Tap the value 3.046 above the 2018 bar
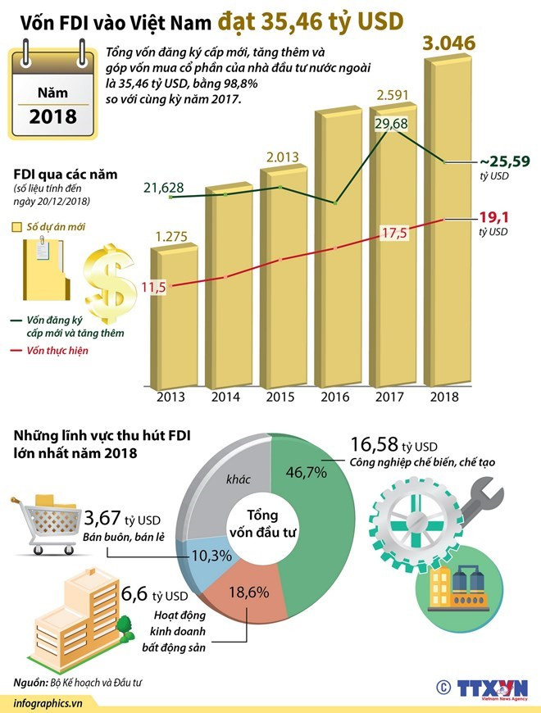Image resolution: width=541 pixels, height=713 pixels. pos(448,43)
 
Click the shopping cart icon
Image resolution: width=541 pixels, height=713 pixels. pos(41,520)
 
